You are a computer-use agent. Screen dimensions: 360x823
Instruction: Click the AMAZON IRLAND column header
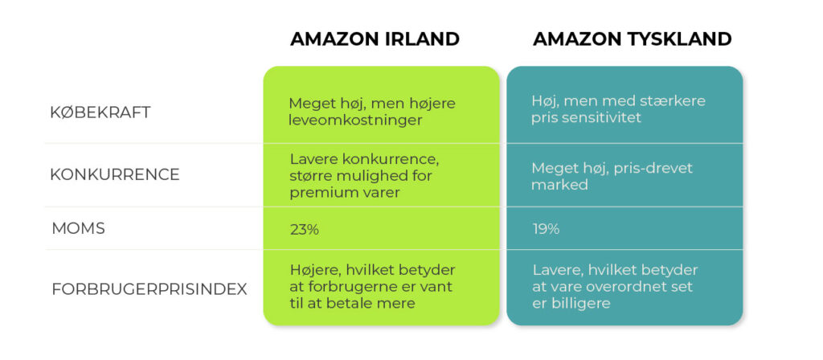(375, 39)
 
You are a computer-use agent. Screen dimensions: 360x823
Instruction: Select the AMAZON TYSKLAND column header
(632, 39)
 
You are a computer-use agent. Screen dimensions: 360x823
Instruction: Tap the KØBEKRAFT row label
(100, 112)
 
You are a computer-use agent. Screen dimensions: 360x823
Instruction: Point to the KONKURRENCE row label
(115, 174)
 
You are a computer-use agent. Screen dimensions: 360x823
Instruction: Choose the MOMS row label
(77, 228)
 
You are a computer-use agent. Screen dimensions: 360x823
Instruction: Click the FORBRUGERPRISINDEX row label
(149, 289)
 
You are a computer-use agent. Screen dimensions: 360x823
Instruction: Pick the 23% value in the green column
(305, 229)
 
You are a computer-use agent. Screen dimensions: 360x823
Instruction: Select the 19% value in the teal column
(546, 229)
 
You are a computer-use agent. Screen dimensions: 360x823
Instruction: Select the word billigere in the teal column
(580, 303)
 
